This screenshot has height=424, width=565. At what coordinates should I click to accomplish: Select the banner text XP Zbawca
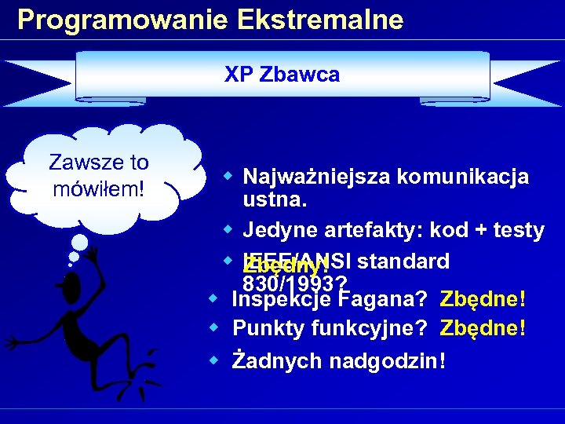point(282,75)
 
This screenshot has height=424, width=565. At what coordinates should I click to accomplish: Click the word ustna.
point(275,201)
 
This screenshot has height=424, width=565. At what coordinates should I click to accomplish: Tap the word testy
point(517,230)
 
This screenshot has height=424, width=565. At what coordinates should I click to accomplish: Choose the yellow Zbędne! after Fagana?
point(483,299)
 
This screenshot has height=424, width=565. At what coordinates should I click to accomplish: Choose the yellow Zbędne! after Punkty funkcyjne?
point(483,328)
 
